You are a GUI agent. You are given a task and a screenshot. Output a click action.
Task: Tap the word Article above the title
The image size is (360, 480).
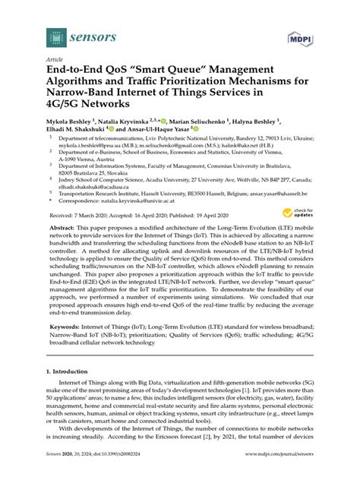click(55, 59)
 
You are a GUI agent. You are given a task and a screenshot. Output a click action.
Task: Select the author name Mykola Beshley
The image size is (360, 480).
click(70, 120)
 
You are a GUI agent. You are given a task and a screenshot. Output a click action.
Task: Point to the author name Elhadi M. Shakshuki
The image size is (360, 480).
click(77, 130)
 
